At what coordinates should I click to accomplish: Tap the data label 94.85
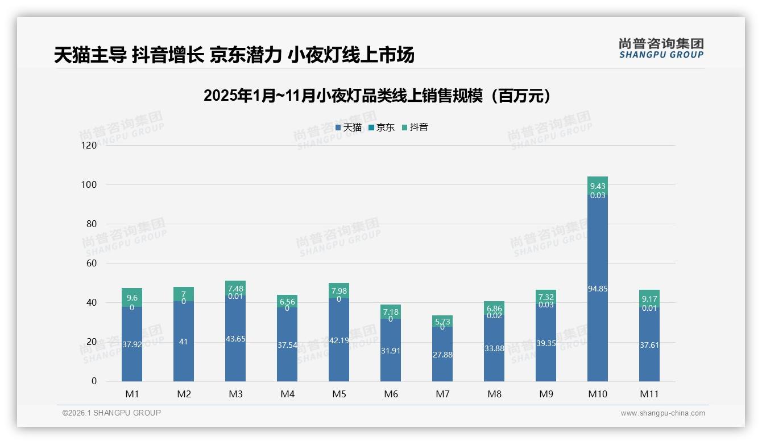coord(598,289)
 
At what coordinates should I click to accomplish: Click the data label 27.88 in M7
coord(442,355)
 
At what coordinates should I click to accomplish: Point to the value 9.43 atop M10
coord(598,186)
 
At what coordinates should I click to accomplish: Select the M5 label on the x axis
coord(339,394)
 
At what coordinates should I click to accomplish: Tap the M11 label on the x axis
coord(649,394)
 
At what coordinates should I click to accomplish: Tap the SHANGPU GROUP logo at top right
coord(661,48)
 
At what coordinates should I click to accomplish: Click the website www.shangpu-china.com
coord(662,413)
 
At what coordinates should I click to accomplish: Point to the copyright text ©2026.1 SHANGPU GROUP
coord(111,413)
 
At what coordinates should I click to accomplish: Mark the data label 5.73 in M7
coord(442,322)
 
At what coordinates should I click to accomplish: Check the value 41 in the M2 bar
coord(184,342)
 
